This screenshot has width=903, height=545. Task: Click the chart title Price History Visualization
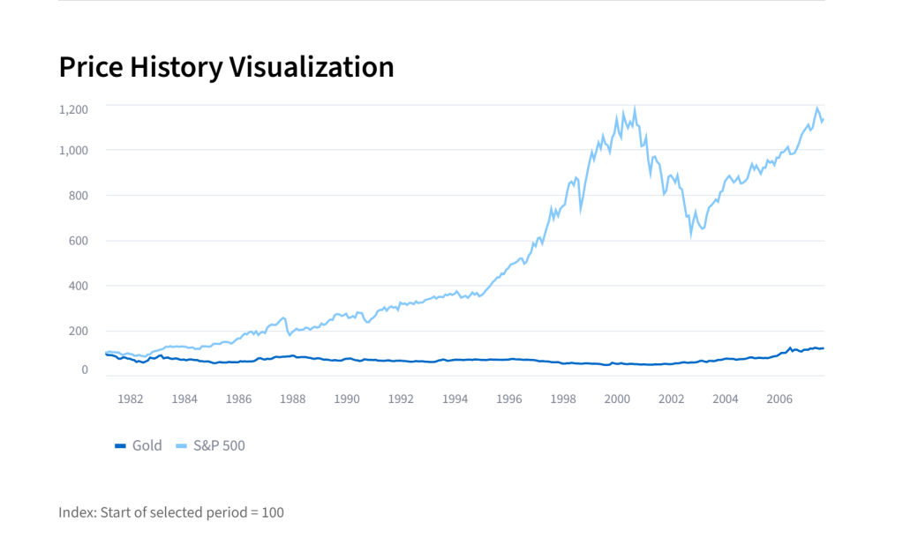226,67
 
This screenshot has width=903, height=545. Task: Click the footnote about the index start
171,512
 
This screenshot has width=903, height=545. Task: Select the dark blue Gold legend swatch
121,445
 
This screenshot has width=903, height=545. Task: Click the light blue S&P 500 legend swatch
182,445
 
